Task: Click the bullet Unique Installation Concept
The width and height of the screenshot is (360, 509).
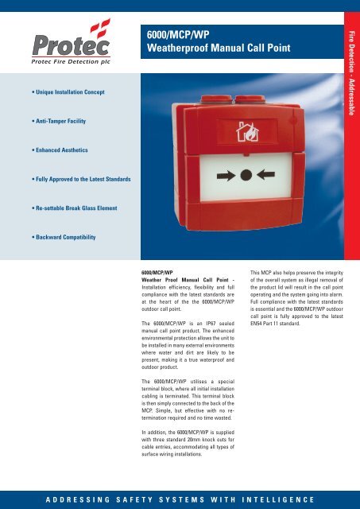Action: tap(59, 93)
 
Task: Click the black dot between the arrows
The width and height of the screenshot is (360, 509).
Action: tap(246, 173)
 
